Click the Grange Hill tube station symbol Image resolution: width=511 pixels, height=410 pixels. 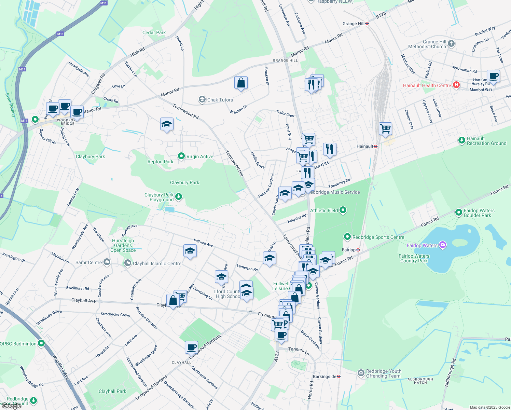coord(367,24)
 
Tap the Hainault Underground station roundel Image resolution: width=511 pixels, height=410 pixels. coord(375,146)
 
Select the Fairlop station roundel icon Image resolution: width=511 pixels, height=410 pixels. coord(358,250)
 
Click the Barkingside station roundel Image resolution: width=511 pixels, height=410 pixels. coord(339,376)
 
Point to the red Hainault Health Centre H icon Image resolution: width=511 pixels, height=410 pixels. coord(456,85)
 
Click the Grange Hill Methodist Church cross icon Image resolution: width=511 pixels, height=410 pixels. coord(451,43)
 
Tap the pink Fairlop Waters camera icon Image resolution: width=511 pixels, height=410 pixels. coord(443,245)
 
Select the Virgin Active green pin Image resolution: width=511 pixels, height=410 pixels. coord(181,156)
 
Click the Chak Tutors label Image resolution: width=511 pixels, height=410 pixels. coord(220,100)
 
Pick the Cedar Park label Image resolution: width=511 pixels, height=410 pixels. coord(154,32)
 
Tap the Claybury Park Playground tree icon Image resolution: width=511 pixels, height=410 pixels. coord(178,196)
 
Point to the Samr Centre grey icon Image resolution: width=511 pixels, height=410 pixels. coord(107,262)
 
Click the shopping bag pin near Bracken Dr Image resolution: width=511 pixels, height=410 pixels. coord(241,83)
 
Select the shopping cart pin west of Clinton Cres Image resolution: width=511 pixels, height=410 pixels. coord(385,129)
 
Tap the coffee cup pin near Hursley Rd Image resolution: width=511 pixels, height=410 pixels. coord(493,76)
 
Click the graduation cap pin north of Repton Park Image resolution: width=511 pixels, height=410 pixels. coord(167,124)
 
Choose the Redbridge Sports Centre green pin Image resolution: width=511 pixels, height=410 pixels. coord(347,236)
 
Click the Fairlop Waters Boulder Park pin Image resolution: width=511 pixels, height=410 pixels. coord(459,213)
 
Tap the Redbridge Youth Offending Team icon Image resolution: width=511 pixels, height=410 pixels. coord(361,373)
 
